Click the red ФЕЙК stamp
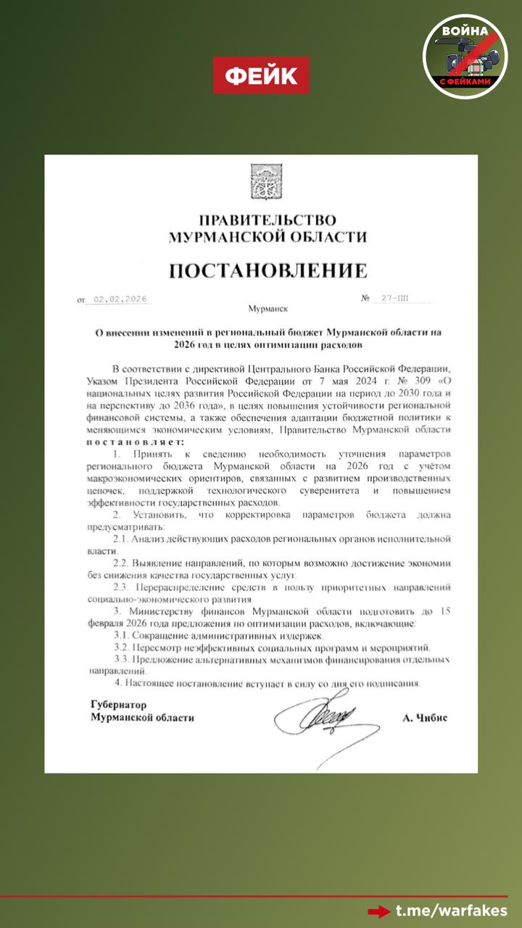click(261, 75)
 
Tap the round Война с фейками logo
click(465, 56)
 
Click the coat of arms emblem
click(261, 182)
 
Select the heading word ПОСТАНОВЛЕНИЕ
click(268, 271)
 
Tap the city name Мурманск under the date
click(268, 308)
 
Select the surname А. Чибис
click(425, 717)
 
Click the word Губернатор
click(119, 704)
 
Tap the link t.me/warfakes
click(451, 911)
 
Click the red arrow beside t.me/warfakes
click(378, 911)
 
